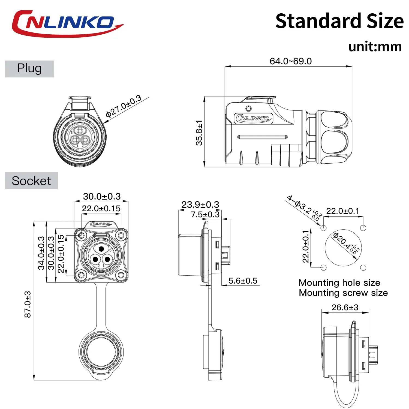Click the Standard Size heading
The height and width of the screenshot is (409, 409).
(339, 21)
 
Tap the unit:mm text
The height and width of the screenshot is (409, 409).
(375, 46)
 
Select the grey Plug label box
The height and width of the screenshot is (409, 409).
(29, 69)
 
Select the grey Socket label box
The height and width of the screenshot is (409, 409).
(31, 181)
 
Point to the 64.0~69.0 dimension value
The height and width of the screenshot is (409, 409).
(291, 61)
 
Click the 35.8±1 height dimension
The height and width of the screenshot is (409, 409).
(199, 133)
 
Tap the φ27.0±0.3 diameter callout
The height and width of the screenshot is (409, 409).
(124, 106)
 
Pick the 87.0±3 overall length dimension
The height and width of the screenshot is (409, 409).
(28, 305)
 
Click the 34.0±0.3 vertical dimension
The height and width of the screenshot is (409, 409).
(41, 253)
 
